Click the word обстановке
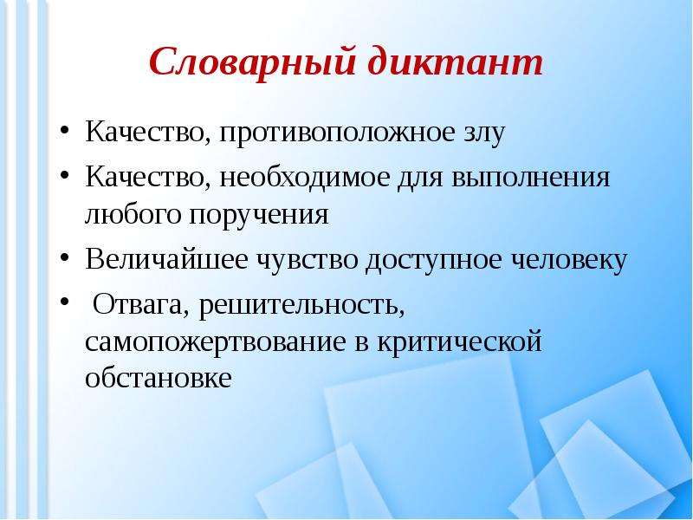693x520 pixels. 159,378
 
